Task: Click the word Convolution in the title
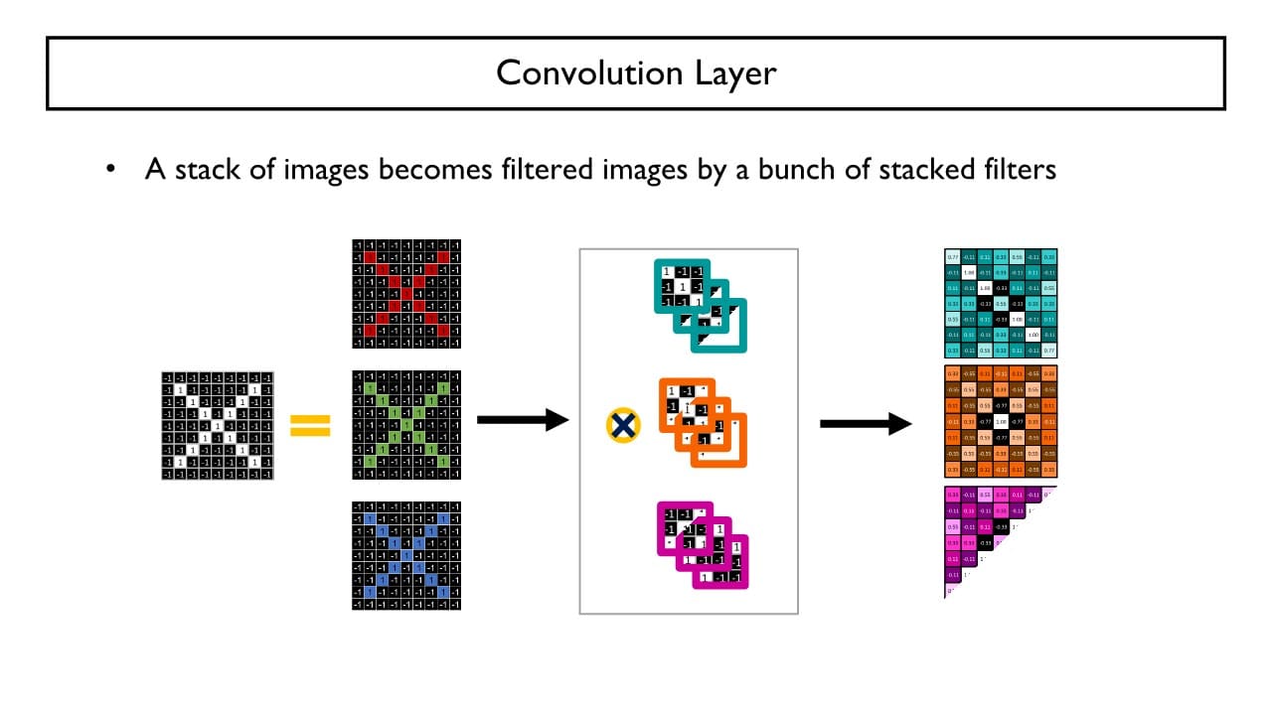pos(577,72)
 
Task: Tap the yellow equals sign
pos(310,426)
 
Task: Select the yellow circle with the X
pos(623,425)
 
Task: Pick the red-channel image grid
pos(406,294)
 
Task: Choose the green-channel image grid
pos(406,425)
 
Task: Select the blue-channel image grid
pos(406,556)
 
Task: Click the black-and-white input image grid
pos(217,425)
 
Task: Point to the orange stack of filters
pos(701,422)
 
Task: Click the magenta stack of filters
pos(703,543)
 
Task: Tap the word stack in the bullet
pos(206,170)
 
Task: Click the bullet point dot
pos(111,170)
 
